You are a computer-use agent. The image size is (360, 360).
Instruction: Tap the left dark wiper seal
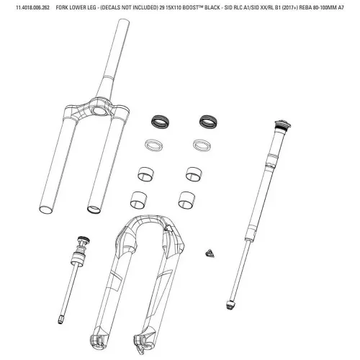click(x=158, y=119)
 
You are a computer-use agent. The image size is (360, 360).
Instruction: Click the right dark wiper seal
click(x=207, y=119)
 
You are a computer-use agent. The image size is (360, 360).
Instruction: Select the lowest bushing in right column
click(x=189, y=199)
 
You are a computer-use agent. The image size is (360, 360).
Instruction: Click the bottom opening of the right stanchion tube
click(x=93, y=210)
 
